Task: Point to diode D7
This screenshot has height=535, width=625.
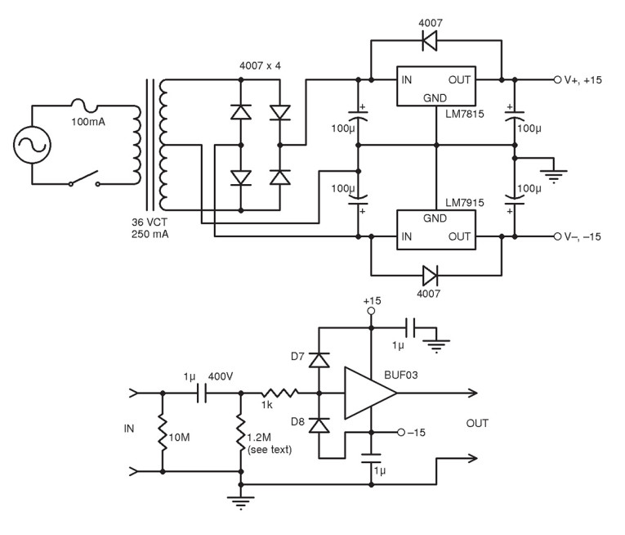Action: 318,361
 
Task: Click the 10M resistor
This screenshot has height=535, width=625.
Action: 163,431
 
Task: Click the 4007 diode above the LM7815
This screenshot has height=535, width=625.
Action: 426,38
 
